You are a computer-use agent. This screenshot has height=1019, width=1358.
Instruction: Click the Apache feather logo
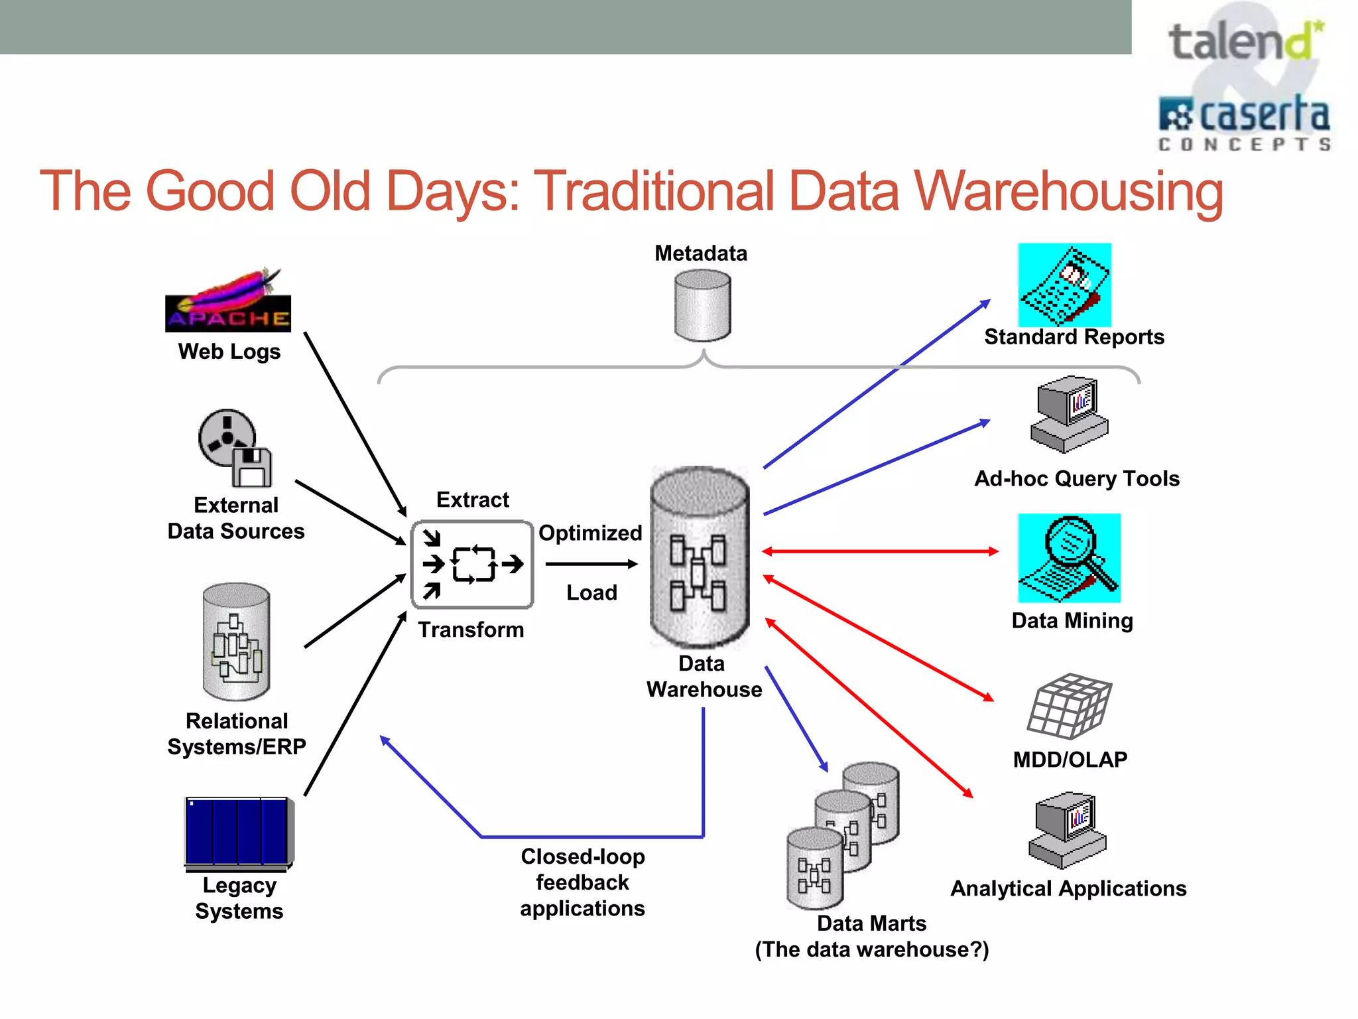point(227,300)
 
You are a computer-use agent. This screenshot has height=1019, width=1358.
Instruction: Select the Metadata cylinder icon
point(702,306)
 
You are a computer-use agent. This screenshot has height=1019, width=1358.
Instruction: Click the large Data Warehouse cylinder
point(700,557)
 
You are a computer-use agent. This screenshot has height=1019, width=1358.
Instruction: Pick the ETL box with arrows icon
point(472,565)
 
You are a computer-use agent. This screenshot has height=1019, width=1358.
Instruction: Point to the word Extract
point(472,500)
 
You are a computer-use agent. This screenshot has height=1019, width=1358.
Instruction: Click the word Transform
point(471,630)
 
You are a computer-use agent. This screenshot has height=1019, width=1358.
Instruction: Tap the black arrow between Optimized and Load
point(590,564)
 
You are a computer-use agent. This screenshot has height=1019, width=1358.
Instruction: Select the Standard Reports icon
point(1064,285)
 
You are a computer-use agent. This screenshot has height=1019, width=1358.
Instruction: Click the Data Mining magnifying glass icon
point(1069,558)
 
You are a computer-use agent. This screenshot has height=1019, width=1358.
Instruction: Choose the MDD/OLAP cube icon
point(1068,707)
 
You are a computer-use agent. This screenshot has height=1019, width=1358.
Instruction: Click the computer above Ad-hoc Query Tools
point(1069,415)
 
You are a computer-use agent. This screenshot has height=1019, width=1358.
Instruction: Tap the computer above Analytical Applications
point(1067,830)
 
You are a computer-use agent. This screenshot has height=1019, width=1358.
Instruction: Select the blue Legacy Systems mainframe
point(238,833)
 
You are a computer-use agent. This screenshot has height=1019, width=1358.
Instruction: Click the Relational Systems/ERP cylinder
point(236,642)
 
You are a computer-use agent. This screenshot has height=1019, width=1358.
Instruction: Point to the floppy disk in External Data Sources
point(252,467)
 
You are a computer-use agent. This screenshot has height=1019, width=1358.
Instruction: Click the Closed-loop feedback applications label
point(582,882)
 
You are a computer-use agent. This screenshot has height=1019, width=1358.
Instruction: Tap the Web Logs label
point(229,352)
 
